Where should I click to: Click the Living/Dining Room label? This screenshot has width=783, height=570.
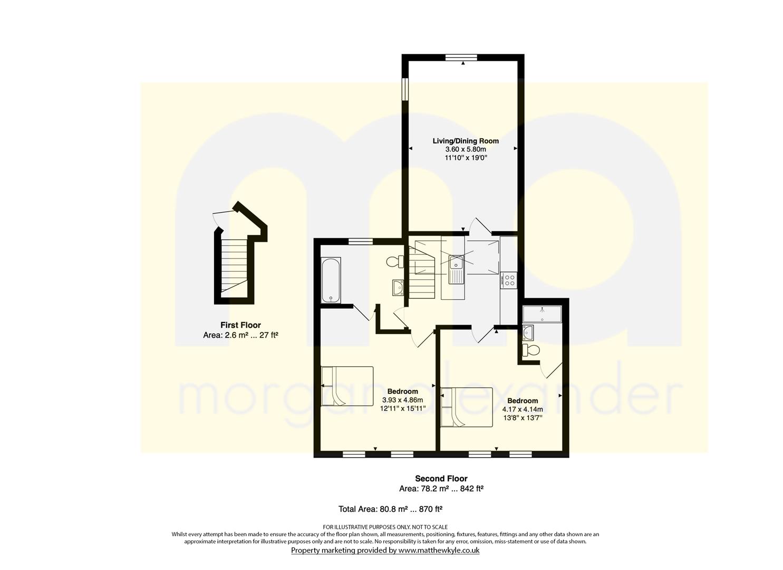[466, 141]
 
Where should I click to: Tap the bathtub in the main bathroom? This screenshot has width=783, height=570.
[331, 280]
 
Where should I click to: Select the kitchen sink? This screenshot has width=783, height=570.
[456, 269]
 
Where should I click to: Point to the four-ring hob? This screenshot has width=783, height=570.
[509, 280]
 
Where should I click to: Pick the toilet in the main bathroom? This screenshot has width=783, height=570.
[395, 261]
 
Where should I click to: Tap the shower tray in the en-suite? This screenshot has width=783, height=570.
[542, 314]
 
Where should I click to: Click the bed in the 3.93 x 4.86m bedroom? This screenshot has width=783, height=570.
[347, 386]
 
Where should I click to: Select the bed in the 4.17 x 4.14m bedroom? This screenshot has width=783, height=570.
[467, 407]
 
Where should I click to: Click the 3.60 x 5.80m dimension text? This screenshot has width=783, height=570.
[466, 149]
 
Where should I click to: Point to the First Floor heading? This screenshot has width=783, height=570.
[240, 325]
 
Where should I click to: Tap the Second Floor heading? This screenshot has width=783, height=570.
[441, 478]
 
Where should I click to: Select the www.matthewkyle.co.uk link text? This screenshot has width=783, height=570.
[439, 550]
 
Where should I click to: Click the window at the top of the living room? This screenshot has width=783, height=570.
[461, 58]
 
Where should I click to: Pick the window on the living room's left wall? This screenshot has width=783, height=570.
[405, 89]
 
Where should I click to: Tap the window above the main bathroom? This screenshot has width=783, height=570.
[361, 241]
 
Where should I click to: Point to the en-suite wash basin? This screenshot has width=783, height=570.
[528, 332]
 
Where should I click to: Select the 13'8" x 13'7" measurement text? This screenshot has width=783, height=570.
[523, 418]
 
